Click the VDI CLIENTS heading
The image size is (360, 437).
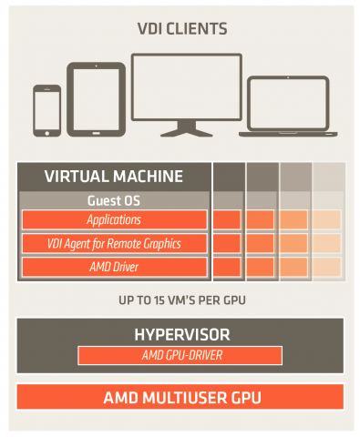(x=180, y=29)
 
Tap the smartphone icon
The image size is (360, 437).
(x=46, y=110)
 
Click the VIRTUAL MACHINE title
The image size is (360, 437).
(x=114, y=177)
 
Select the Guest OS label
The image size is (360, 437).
(x=114, y=199)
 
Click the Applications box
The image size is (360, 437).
(x=114, y=220)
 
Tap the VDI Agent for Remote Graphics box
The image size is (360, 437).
(x=114, y=243)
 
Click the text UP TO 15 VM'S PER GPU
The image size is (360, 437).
(x=180, y=300)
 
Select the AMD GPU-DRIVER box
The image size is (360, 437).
(x=180, y=353)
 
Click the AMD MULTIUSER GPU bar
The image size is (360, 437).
(x=180, y=397)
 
